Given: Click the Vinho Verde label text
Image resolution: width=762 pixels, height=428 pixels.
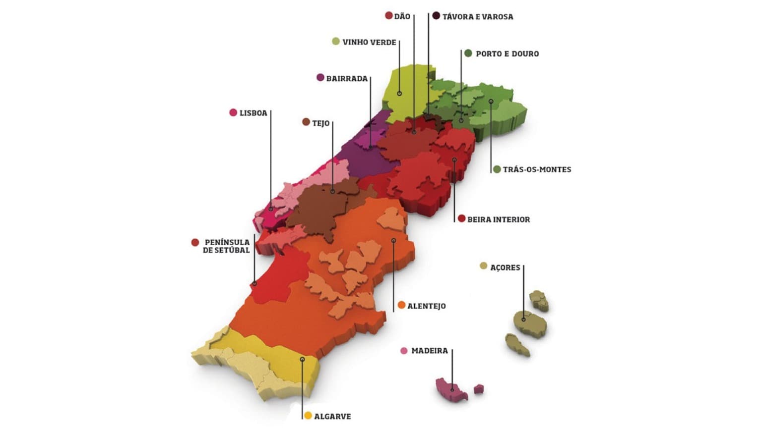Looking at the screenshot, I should pos(369,42).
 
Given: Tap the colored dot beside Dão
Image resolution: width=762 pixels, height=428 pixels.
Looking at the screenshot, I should pos(389,16).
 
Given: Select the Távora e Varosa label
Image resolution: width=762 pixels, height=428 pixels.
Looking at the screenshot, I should pos(477,16).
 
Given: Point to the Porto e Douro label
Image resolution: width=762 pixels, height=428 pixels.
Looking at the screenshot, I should pos(507,53).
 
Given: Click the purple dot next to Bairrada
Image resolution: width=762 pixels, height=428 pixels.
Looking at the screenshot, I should pos(320,78).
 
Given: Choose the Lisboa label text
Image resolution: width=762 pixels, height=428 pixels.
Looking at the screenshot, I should pos(253,113).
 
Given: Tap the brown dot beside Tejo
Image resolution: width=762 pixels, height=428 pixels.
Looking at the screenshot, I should pos(306,122).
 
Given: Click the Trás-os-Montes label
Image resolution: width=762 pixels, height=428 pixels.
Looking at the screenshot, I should pos(537,169).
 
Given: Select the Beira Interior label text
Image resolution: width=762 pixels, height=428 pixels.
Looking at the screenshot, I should pos(499,219).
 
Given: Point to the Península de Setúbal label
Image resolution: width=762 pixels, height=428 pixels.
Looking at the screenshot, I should pos(227,246).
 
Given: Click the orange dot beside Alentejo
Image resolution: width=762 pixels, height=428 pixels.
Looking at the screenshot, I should pos(401,305).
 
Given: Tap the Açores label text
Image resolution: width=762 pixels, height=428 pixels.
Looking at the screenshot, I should pos(505,267).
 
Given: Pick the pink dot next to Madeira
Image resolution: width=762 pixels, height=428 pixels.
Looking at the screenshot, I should pos(404,351).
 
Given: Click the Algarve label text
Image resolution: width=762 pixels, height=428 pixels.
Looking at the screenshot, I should pos(332,416).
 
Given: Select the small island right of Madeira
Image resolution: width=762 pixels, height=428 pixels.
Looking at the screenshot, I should pos(479,389).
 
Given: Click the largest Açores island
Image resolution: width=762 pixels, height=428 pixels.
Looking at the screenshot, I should pos(529,323).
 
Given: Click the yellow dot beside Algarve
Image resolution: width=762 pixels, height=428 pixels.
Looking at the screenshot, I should pos(308,416).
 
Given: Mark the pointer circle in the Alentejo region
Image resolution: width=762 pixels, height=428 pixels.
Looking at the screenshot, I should pos(393,240).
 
